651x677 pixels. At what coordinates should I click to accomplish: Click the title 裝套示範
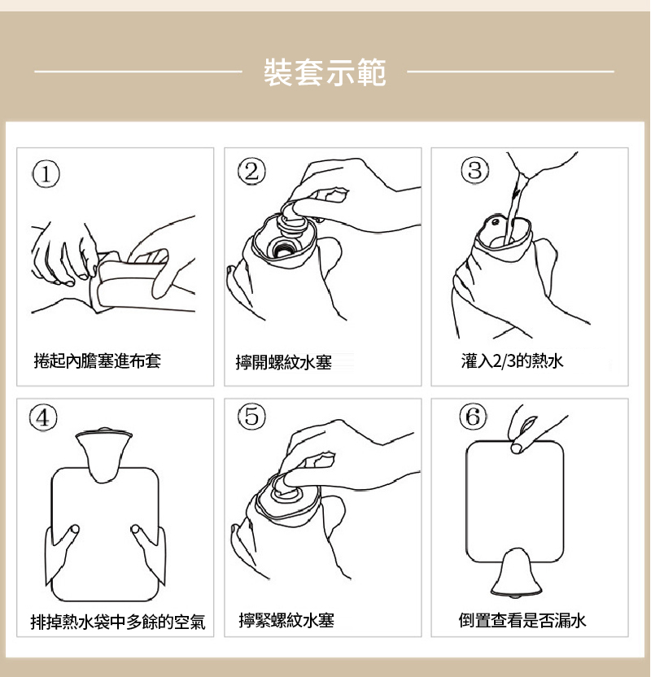(325, 72)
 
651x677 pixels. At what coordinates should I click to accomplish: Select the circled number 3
(474, 171)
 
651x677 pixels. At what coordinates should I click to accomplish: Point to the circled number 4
(44, 417)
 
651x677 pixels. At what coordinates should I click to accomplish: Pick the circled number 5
(252, 417)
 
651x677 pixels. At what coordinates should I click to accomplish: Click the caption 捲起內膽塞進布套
(98, 360)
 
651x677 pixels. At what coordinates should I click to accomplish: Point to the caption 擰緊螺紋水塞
(286, 622)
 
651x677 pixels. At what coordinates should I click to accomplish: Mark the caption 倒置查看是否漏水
(522, 622)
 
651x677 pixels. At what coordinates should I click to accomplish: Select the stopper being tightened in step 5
(288, 488)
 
